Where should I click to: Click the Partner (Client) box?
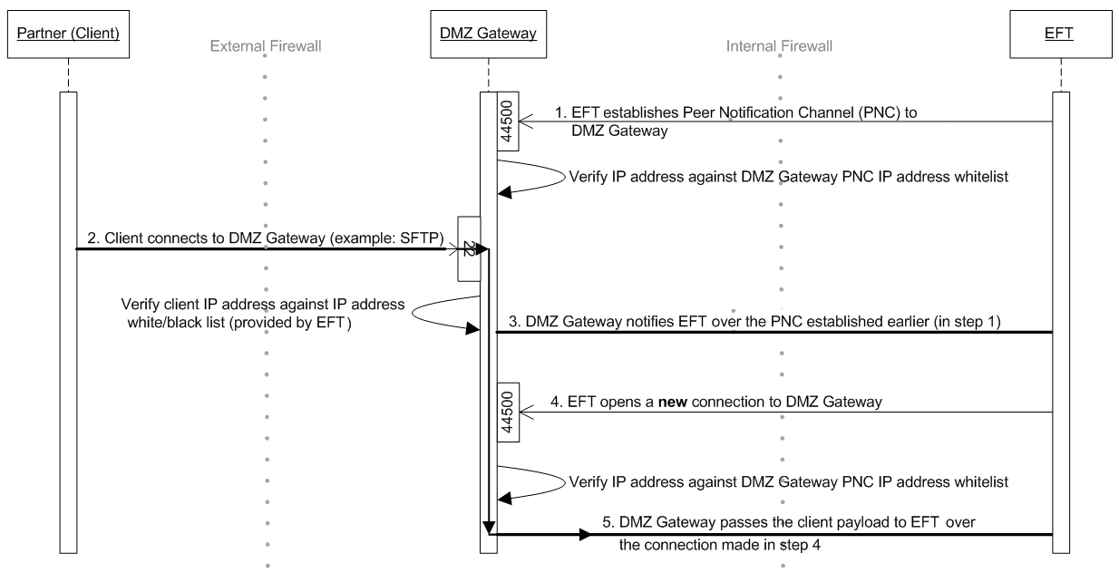click(68, 34)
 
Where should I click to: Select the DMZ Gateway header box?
click(488, 34)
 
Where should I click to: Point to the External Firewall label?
click(265, 45)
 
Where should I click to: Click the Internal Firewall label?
click(780, 45)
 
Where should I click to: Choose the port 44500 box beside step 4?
click(508, 413)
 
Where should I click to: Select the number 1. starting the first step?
click(559, 112)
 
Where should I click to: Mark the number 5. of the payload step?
click(608, 522)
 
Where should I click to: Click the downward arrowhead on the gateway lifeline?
click(490, 527)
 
